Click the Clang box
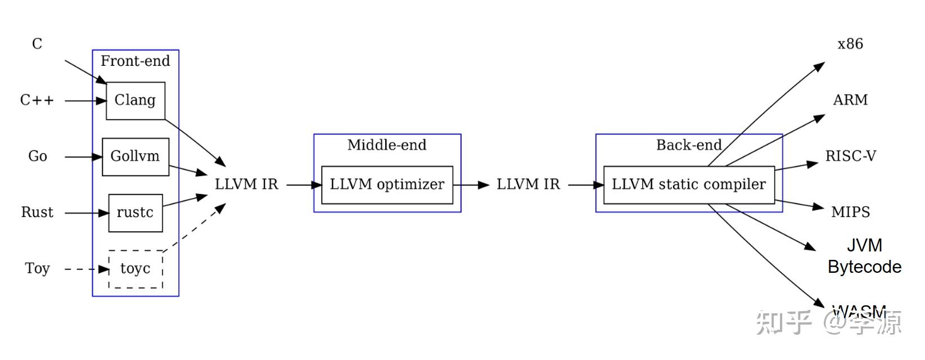[136, 101]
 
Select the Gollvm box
[136, 156]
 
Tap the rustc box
[136, 213]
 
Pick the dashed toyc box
[136, 269]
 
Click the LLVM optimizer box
[387, 184]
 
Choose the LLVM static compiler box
[689, 184]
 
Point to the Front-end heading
[136, 61]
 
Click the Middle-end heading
[387, 145]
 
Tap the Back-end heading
[689, 145]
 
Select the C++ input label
[37, 101]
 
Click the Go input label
[38, 156]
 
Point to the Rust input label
[37, 213]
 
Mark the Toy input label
[38, 268]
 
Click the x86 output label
[850, 44]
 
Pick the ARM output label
[850, 100]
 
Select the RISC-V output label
[850, 156]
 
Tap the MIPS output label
[850, 212]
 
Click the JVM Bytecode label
[864, 256]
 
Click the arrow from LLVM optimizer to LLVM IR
[471, 184]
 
